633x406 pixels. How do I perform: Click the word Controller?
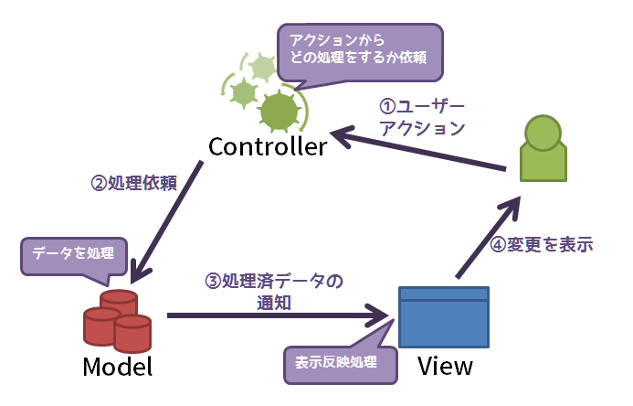[267, 147]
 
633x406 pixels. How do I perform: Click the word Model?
[117, 367]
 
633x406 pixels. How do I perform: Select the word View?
[445, 367]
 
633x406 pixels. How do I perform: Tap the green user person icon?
[543, 151]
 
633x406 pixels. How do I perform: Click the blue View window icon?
[444, 315]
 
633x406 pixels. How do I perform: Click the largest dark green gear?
[279, 112]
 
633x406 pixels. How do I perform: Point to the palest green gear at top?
[263, 67]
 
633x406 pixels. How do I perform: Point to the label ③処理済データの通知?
[273, 292]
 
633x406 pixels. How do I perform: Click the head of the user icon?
[543, 131]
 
